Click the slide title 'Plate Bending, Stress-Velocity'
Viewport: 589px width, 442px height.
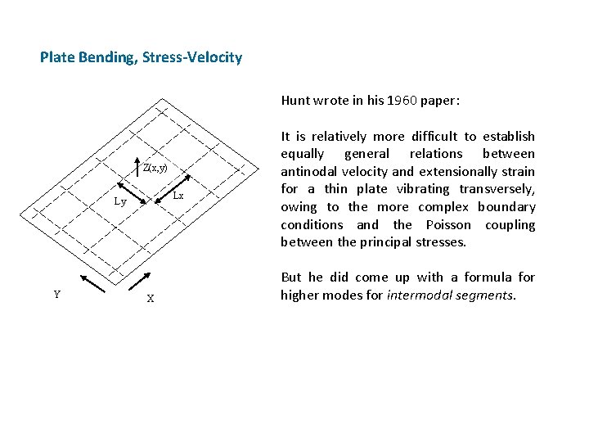[141, 57]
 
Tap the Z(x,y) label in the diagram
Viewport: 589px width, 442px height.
[155, 168]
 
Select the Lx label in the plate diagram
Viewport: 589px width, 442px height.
[178, 196]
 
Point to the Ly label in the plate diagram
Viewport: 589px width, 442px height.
[119, 201]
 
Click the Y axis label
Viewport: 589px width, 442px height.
[56, 295]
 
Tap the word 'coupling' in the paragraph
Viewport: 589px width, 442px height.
[510, 224]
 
